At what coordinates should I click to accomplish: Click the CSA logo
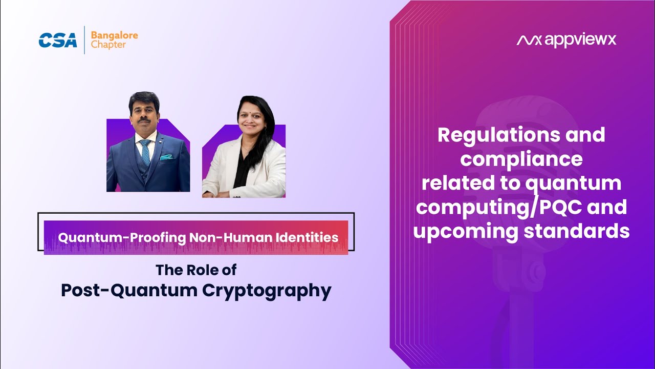point(58,40)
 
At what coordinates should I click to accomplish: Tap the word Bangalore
point(114,36)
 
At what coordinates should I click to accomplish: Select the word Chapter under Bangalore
point(108,45)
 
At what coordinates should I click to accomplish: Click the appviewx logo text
point(566,40)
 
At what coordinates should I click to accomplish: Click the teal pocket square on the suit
point(166,157)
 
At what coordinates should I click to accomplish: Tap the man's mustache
point(144,120)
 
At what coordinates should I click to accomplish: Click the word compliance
point(521,159)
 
